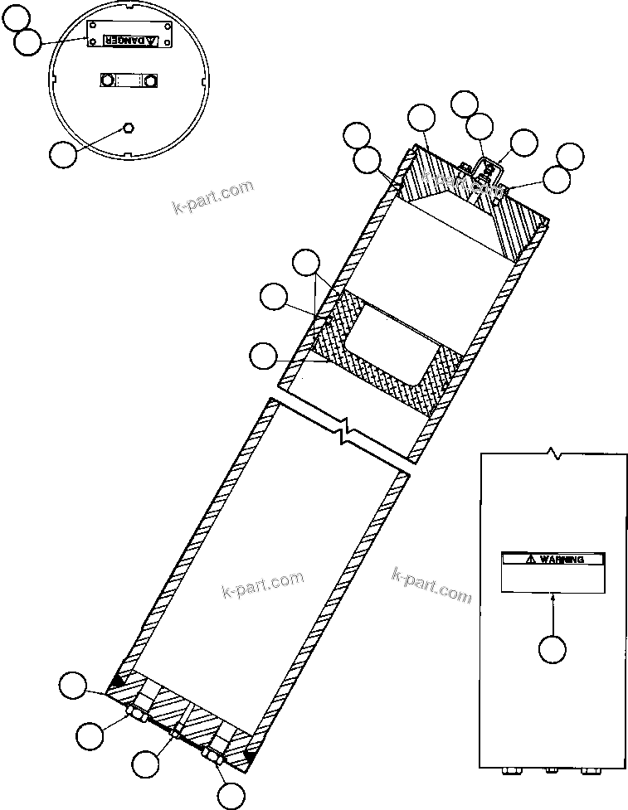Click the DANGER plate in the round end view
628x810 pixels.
tap(129, 37)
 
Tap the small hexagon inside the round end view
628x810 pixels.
tap(129, 127)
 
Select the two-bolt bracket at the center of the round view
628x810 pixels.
tap(129, 80)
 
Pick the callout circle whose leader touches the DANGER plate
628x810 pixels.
tap(30, 43)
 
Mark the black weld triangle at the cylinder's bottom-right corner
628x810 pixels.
tap(248, 757)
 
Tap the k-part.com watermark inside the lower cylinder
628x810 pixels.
tap(263, 585)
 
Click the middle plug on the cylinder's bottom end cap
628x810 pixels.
tap(176, 730)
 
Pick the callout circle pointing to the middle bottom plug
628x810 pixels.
tap(148, 763)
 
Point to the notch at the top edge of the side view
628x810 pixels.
tap(554, 454)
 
